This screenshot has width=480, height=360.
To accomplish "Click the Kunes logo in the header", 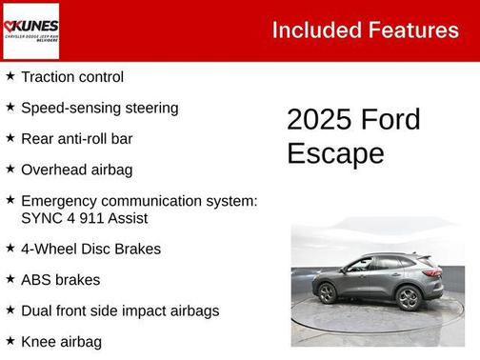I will [x=32, y=30].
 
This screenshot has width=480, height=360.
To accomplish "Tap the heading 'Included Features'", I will [x=365, y=30].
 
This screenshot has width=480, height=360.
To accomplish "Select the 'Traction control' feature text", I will [x=72, y=77].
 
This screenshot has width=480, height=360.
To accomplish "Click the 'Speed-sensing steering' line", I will [x=99, y=108].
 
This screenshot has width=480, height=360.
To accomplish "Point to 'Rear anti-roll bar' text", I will [x=76, y=138].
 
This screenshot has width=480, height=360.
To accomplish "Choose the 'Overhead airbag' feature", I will [x=76, y=170].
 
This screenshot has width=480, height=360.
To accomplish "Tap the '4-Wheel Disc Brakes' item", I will [x=90, y=249].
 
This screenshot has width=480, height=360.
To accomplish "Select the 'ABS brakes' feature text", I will [x=60, y=280].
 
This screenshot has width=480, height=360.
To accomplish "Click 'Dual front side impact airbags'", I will [x=120, y=310].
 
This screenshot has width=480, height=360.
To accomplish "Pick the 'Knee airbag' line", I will [x=61, y=341].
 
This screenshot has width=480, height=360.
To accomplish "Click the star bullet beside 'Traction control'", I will [x=10, y=76].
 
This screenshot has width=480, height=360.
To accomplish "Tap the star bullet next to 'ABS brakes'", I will [x=10, y=279].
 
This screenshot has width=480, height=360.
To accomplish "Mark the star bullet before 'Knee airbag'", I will [x=10, y=340].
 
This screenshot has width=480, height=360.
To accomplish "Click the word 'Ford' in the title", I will [x=390, y=120].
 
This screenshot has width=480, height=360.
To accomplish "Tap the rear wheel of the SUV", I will [x=409, y=297].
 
